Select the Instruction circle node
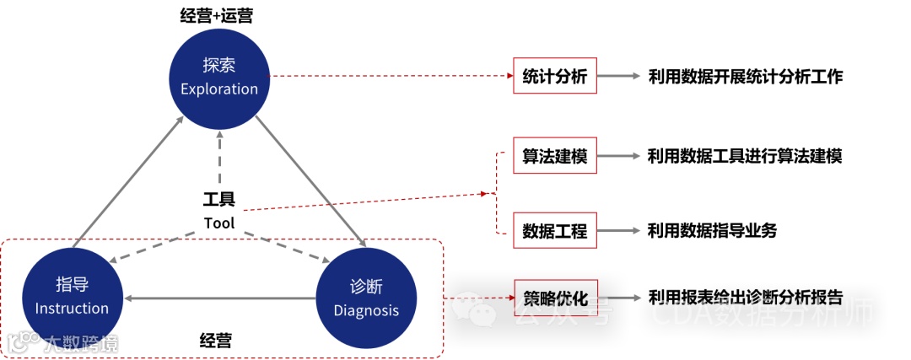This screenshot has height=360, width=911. (72, 297)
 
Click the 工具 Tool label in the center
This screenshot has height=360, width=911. (219, 211)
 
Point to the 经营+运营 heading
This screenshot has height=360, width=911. (218, 16)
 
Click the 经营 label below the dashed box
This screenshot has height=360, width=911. (216, 341)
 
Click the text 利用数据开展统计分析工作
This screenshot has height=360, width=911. (746, 76)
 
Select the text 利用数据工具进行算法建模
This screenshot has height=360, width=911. (745, 156)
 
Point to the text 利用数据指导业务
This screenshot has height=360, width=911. (712, 230)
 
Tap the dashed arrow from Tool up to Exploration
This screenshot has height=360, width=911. (219, 156)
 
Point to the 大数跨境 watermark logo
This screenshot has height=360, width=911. (63, 343)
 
